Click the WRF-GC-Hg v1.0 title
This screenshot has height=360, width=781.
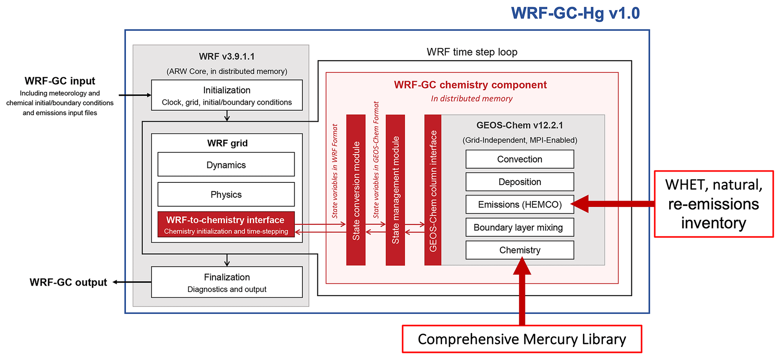(575, 13)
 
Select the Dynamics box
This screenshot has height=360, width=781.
(226, 165)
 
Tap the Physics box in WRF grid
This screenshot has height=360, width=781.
(226, 195)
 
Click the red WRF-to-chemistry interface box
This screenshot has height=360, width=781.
(226, 225)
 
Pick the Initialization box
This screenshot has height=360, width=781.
(227, 95)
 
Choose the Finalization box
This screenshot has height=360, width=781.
(227, 282)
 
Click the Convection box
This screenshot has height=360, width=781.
(520, 159)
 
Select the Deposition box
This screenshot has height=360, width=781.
(520, 182)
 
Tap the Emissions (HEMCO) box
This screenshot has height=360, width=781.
(520, 204)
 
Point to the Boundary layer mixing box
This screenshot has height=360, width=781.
(520, 227)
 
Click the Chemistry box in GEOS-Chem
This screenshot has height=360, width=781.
(520, 250)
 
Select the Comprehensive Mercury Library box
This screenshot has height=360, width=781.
(522, 339)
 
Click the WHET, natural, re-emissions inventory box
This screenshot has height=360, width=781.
(713, 204)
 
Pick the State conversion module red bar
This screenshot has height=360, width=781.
(356, 190)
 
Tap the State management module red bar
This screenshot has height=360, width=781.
(395, 190)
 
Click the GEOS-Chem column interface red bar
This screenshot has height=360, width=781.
(433, 190)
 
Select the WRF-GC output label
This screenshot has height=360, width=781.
(68, 282)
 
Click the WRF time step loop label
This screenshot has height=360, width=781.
(472, 52)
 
